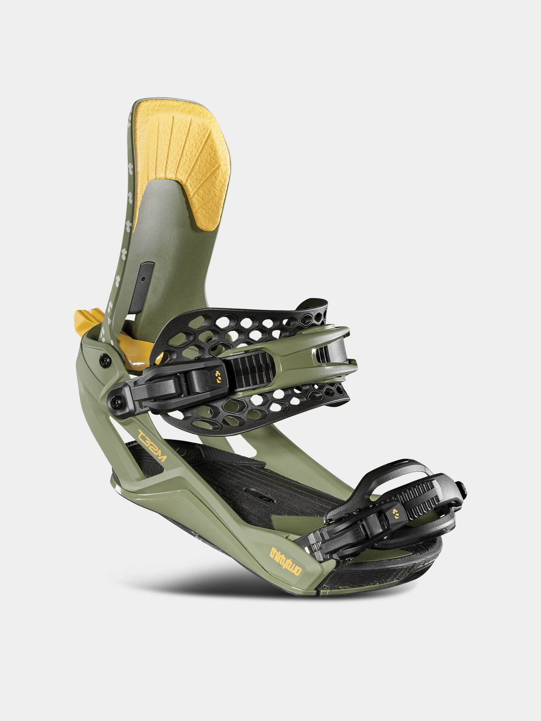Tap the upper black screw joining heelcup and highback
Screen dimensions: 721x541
pyautogui.click(x=104, y=360)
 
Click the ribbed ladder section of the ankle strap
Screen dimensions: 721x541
pyautogui.click(x=253, y=370)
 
